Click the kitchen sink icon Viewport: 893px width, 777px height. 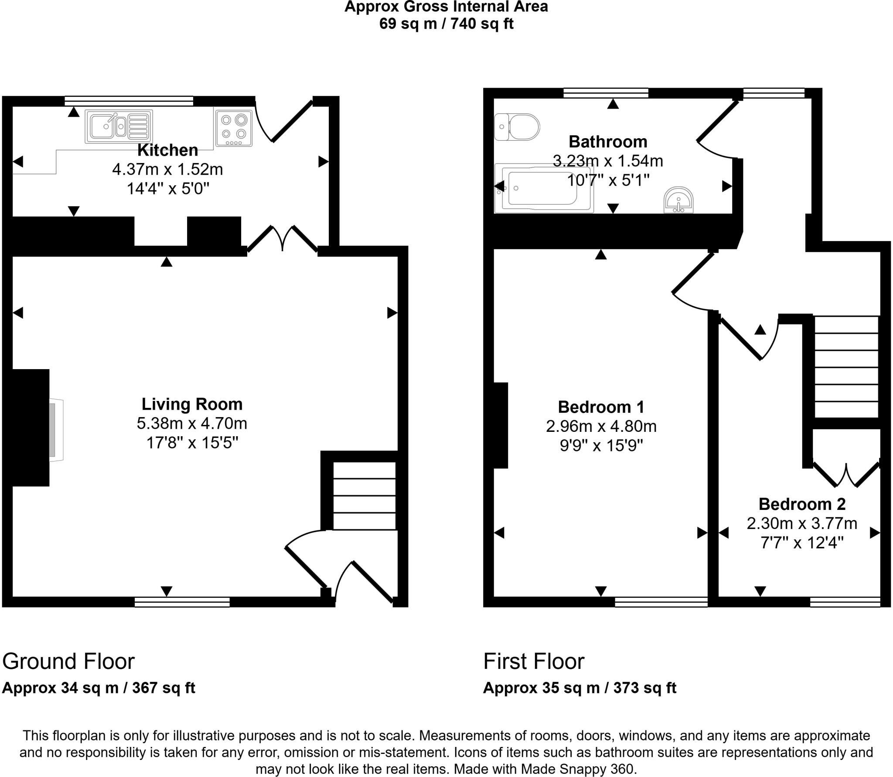coord(119,126)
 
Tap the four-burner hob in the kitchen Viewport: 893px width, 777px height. coord(233,128)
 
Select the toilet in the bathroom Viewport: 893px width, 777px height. coord(517,127)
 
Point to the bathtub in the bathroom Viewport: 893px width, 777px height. coord(543,188)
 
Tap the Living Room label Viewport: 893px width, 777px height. coord(192,404)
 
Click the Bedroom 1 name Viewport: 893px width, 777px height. coord(601,407)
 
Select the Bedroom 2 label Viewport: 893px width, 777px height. coord(802,504)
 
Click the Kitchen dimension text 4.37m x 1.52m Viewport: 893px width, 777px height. coord(167,169)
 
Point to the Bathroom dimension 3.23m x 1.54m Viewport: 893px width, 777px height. coord(608,161)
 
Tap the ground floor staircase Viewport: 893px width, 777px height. coord(365,496)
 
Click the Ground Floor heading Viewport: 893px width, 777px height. coord(68,661)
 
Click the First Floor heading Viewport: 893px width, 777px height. coord(534,661)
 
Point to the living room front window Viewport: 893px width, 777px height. coord(182,602)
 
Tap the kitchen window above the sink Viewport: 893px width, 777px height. coord(129,101)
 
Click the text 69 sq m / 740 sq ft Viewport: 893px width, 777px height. coord(446,23)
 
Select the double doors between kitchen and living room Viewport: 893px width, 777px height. coord(283,238)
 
